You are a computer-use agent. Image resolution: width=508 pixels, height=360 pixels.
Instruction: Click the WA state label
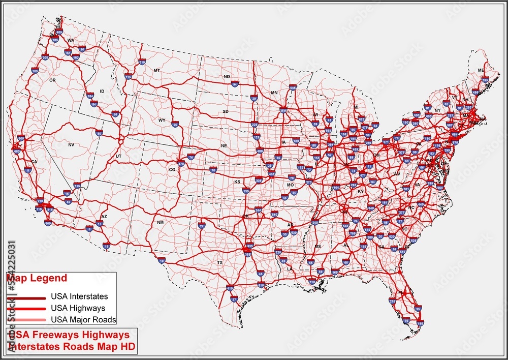(71, 40)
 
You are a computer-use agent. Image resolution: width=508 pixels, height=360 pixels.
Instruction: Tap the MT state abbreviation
(157, 70)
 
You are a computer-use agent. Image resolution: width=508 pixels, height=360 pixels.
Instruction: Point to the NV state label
(71, 145)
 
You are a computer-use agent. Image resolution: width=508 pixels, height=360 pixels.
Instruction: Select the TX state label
(220, 262)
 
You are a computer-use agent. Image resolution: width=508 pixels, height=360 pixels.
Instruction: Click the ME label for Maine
(481, 70)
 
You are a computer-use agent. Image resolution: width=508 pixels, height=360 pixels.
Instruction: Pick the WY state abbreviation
(162, 121)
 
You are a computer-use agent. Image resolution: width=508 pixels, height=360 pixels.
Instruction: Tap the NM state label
(161, 223)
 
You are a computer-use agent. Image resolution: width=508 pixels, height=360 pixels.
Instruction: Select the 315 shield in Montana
(142, 62)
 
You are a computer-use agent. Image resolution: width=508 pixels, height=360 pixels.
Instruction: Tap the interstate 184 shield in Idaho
(90, 96)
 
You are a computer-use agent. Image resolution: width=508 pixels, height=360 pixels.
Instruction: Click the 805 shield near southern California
(48, 222)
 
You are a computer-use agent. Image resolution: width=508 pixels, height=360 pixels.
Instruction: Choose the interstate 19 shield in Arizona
(106, 246)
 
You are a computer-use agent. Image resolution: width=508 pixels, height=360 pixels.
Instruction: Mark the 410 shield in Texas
(230, 288)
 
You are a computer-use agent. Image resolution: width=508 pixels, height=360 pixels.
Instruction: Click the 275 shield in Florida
(392, 301)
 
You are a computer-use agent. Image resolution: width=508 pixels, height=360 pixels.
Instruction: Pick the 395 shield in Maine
(485, 80)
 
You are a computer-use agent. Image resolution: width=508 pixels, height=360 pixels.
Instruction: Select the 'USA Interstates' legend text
(79, 296)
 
